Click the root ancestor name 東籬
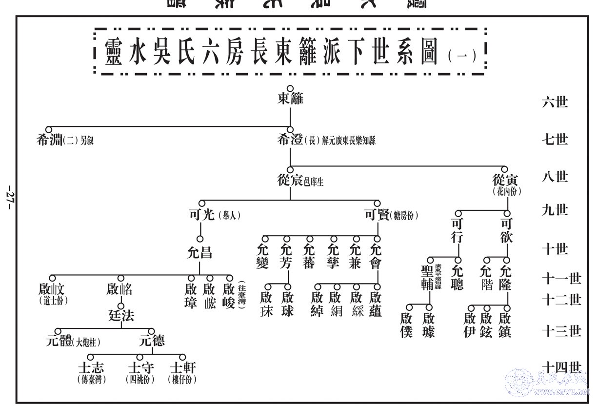(290, 99)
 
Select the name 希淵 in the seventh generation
(49, 141)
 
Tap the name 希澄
(290, 141)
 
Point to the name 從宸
(290, 181)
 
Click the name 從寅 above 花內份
(507, 180)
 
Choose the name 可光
(201, 214)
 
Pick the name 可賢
(377, 214)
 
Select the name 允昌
(200, 253)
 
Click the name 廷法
(121, 316)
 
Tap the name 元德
(151, 341)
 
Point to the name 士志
(91, 367)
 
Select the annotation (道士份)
(53, 301)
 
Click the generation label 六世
(555, 102)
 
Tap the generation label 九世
(555, 210)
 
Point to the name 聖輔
(427, 277)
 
